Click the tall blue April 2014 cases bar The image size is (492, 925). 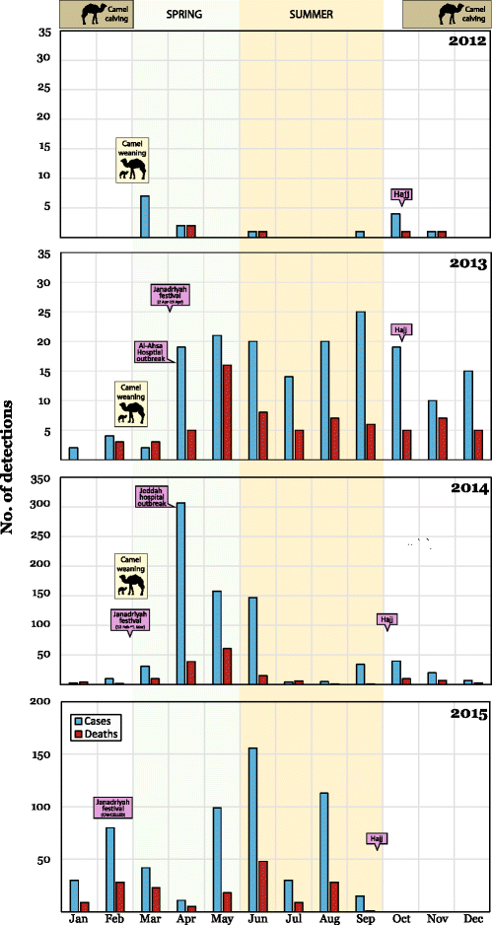tap(180, 593)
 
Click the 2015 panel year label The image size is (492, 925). tap(463, 713)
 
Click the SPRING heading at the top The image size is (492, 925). tap(184, 15)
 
